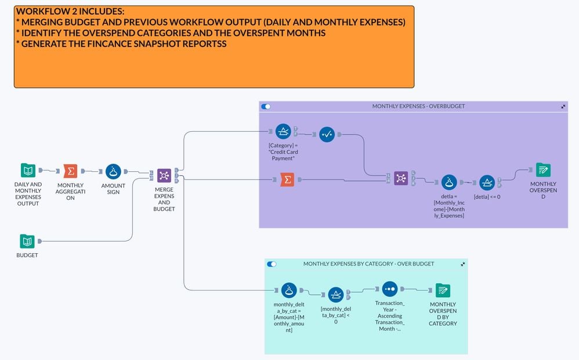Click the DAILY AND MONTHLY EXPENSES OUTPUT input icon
pyautogui.click(x=28, y=171)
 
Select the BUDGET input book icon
pyautogui.click(x=27, y=241)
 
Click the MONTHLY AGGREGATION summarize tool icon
pyautogui.click(x=70, y=171)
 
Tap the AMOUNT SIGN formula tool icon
pyautogui.click(x=113, y=171)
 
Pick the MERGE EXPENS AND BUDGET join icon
pyautogui.click(x=164, y=175)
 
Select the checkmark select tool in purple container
pyautogui.click(x=327, y=135)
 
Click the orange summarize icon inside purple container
pyautogui.click(x=287, y=180)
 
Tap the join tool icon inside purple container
pyautogui.click(x=401, y=178)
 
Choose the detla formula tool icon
pyautogui.click(x=448, y=182)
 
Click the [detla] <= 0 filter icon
pyautogui.click(x=487, y=182)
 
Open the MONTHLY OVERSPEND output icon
pyautogui.click(x=543, y=170)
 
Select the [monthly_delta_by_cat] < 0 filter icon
pyautogui.click(x=336, y=294)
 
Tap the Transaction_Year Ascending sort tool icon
pyautogui.click(x=390, y=289)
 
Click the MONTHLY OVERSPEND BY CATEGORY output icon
pyautogui.click(x=443, y=290)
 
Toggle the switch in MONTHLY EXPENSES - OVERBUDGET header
pyautogui.click(x=266, y=107)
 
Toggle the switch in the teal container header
pyautogui.click(x=272, y=264)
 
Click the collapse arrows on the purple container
pyautogui.click(x=563, y=107)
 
